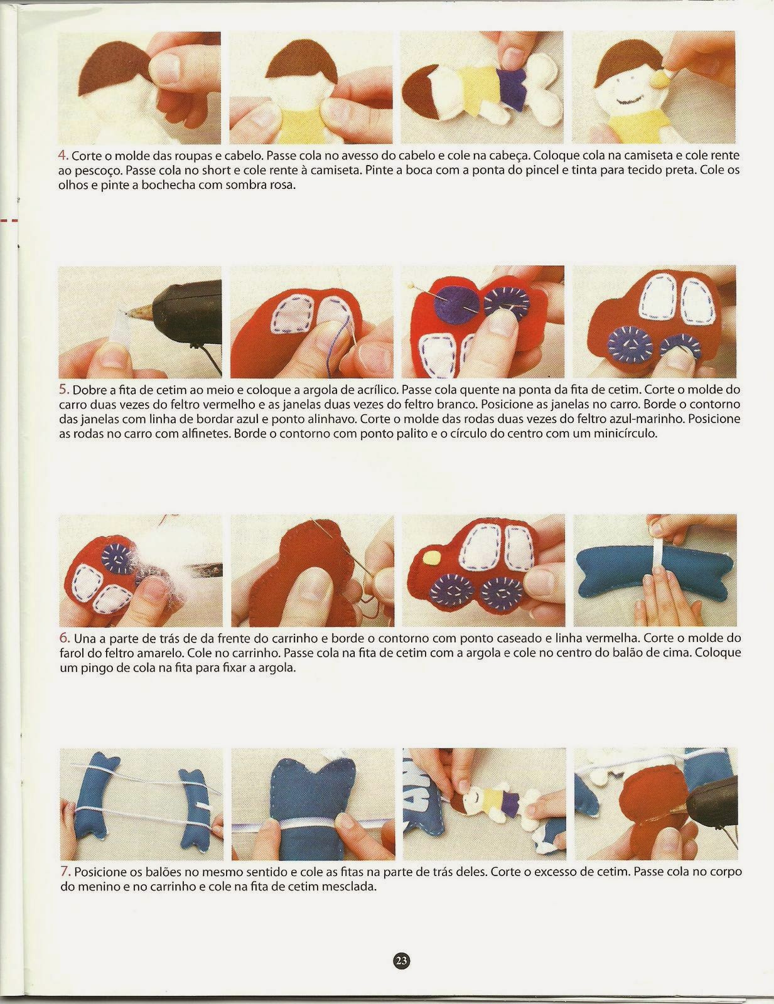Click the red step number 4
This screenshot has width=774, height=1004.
(x=63, y=155)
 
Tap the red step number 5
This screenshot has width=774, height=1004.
(x=63, y=390)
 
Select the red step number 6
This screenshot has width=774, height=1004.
(x=64, y=638)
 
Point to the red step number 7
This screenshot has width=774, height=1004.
(x=65, y=872)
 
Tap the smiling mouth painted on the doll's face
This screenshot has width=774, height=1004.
(x=628, y=100)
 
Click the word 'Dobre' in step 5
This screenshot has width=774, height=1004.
(x=90, y=390)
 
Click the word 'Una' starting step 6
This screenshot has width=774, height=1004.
(x=85, y=638)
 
